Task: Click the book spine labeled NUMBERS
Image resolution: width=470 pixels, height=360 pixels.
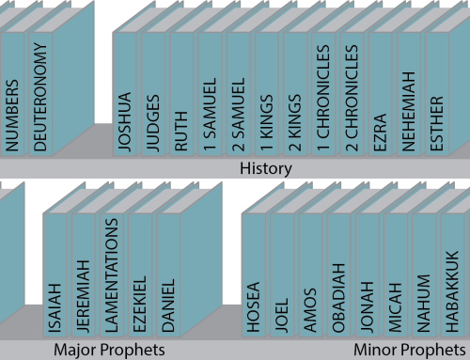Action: (12, 94)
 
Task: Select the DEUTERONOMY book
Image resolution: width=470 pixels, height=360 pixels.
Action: (39, 94)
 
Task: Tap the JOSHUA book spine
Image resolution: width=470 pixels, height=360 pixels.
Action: (125, 94)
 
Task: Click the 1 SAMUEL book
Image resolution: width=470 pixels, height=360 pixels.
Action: (210, 94)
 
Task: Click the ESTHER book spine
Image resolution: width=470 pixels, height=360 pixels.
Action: (437, 94)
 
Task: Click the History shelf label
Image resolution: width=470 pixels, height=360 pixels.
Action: (266, 169)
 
